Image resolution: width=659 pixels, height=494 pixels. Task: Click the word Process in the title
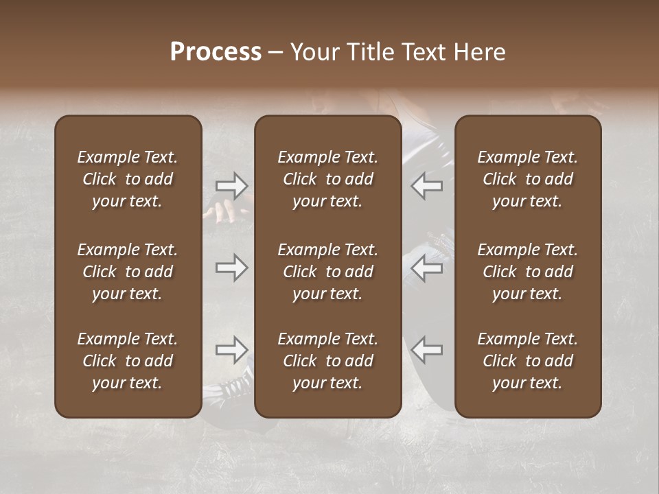click(x=216, y=52)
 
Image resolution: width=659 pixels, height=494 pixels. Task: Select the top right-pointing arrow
click(x=231, y=185)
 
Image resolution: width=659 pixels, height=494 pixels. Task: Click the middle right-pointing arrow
click(x=231, y=268)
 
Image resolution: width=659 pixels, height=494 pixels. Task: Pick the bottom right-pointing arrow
click(x=231, y=350)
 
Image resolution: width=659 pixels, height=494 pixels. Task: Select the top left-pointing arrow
click(x=426, y=185)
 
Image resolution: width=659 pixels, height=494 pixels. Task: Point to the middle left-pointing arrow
click(x=426, y=268)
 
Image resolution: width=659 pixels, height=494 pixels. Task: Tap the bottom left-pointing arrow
click(x=426, y=350)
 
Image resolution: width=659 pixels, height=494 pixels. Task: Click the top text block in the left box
click(x=128, y=179)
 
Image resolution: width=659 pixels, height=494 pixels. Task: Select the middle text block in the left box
click(x=128, y=272)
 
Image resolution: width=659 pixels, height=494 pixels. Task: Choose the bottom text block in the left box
click(x=128, y=361)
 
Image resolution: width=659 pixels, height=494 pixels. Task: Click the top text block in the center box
click(x=328, y=179)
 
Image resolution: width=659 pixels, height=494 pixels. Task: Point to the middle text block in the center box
click(x=328, y=272)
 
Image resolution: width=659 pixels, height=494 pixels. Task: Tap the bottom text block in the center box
click(x=328, y=361)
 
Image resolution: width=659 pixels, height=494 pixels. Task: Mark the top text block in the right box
click(x=528, y=179)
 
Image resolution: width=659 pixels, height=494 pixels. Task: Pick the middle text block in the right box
click(x=528, y=272)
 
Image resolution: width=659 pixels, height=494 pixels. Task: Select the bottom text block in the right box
click(x=528, y=361)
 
